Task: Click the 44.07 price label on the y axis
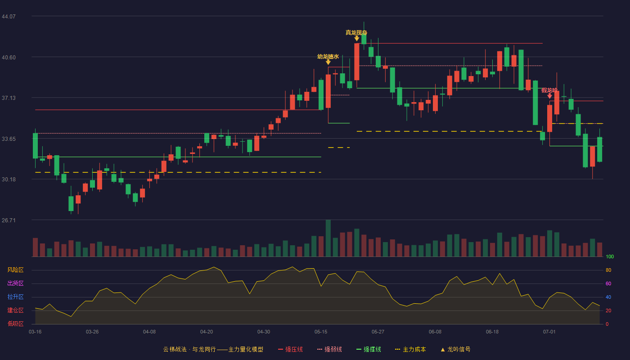9,16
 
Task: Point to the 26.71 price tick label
9,220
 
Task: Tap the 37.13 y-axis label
9,98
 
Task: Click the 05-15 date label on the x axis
321,332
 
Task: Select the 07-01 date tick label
549,332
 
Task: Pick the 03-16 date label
35,332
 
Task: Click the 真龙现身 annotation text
356,32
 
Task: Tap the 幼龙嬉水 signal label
328,57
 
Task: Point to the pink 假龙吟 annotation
549,90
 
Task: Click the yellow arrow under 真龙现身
356,39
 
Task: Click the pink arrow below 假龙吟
549,96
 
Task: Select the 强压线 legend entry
290,349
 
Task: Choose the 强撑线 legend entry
369,349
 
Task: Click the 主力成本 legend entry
410,349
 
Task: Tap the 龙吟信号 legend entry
455,349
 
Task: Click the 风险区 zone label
15,270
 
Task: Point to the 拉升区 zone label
15,297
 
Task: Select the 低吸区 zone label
15,324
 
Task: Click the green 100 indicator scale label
610,256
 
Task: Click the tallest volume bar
328,238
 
